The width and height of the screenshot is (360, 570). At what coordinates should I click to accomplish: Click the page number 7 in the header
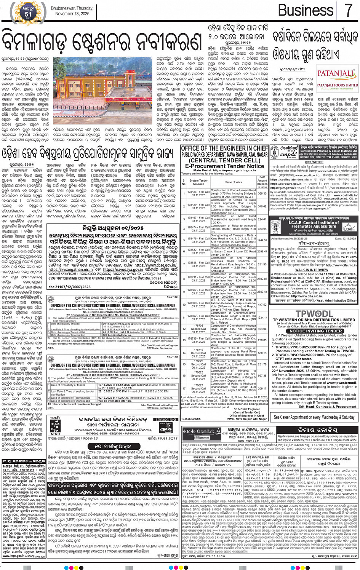pos(348,10)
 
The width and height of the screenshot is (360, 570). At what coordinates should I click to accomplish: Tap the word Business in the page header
pos(306,10)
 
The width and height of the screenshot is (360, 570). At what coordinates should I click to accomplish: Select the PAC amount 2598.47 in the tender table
pos(262,251)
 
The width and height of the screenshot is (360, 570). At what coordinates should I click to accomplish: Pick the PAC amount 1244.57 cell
pos(262,240)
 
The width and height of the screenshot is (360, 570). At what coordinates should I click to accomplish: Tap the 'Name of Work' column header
pos(233,182)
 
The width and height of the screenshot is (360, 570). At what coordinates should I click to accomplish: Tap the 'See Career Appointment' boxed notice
pos(314,417)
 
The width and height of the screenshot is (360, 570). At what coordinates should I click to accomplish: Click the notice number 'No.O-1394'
pos(172,297)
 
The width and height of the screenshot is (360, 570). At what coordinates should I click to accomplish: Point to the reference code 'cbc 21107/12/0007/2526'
pos(69,287)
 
